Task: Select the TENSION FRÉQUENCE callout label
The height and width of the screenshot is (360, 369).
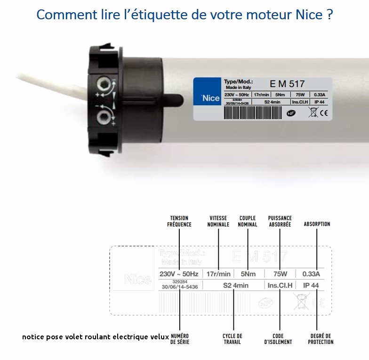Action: pos(179,221)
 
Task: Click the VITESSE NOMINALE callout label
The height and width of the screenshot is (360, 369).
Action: pos(218,221)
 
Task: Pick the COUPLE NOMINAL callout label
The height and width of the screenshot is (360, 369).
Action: pos(248,221)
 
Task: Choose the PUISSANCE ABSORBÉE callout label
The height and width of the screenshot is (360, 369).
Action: pos(280,221)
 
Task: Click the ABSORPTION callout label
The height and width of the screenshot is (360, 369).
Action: pos(317,224)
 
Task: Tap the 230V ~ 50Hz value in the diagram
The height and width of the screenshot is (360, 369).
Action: pos(178,274)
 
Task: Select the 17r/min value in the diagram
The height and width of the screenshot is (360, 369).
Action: pos(219,274)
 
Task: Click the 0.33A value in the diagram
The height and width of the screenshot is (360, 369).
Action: pos(311,274)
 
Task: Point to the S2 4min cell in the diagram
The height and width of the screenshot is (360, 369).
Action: pos(236,285)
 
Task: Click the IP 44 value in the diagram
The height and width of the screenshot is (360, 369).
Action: pos(311,285)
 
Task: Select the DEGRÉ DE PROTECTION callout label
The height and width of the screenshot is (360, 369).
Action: pos(321,339)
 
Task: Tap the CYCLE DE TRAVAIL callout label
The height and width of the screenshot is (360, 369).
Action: pos(233,339)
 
